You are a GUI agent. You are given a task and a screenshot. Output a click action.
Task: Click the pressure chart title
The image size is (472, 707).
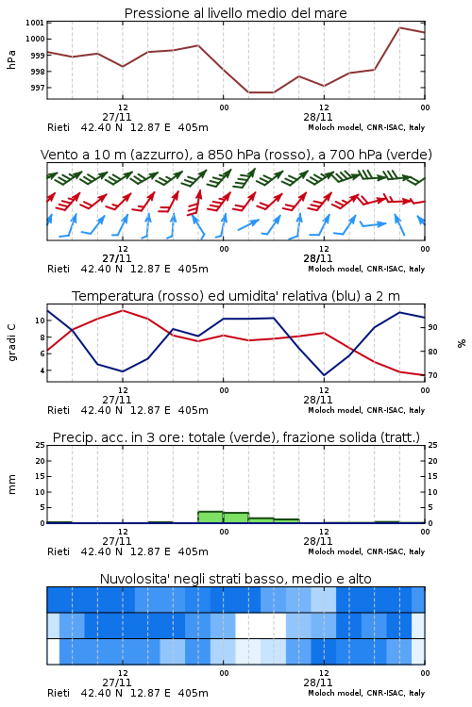coord(235,13)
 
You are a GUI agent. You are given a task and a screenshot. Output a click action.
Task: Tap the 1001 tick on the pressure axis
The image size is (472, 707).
coord(35,23)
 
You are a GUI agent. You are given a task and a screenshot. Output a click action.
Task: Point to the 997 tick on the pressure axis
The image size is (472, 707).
coord(38,88)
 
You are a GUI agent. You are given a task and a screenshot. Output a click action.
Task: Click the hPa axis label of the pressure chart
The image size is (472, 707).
coord(11,59)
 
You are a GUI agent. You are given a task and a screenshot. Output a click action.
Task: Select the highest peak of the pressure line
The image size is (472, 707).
coord(399,27)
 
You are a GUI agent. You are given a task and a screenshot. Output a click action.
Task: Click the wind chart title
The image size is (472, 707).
coord(236,155)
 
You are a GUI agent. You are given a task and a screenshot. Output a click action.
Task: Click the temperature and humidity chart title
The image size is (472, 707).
coord(236,296)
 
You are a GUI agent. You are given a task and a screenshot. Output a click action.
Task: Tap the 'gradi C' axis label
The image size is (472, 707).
coord(11,342)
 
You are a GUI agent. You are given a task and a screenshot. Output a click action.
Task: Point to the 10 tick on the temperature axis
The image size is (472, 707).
coord(40,321)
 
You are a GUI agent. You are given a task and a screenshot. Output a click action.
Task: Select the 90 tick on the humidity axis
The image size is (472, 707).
coord(432,327)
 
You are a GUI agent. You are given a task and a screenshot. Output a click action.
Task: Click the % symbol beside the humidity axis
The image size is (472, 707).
coord(462,343)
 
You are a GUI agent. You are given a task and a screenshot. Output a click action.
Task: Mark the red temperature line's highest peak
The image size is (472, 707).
coord(123,310)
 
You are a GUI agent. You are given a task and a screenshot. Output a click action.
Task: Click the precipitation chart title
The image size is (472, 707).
coord(236,437)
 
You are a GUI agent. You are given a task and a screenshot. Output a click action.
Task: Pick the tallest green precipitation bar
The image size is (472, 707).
coord(211,518)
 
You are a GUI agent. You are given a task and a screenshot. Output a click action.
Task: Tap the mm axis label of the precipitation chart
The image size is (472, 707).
coord(11,484)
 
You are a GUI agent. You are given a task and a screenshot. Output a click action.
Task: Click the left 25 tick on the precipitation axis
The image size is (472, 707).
coord(40,445)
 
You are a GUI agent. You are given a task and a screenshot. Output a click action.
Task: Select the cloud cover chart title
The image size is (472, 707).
coord(235,579)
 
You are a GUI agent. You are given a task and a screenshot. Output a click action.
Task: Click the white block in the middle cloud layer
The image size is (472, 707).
coord(261,625)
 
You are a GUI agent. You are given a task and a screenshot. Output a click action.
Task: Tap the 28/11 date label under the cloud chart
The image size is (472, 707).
coord(317,682)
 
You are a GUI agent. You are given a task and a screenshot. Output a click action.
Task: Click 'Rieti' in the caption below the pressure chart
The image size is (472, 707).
coord(59,127)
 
